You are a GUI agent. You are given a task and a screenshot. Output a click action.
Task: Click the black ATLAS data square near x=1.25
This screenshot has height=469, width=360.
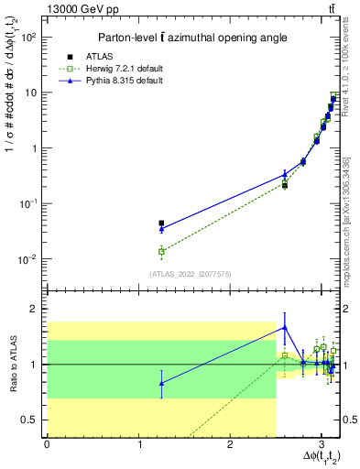161,223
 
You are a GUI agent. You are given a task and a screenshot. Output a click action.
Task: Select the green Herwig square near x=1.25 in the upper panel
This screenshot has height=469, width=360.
161,251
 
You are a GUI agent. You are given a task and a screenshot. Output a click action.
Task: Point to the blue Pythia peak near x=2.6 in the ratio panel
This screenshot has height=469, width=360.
285,327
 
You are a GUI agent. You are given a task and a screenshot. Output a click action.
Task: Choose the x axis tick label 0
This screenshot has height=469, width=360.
47,445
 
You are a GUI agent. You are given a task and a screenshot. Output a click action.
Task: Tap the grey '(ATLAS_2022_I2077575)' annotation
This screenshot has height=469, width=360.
189,273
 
